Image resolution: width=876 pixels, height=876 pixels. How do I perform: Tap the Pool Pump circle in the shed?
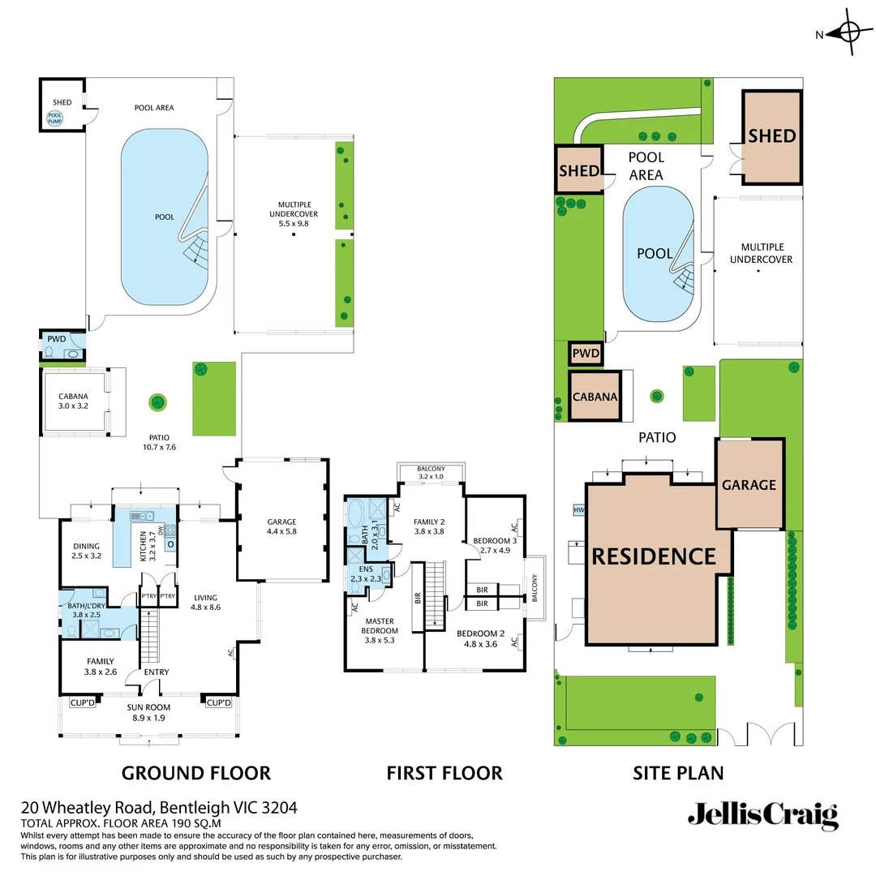click(55, 118)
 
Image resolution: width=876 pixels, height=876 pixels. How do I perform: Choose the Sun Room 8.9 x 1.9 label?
click(147, 712)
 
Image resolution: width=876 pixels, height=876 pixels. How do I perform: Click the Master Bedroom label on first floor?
click(380, 625)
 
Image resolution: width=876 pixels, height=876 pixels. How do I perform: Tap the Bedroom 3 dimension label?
click(496, 546)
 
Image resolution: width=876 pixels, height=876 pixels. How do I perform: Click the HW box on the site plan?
click(578, 510)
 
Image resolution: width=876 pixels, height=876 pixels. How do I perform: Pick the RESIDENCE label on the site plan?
click(654, 556)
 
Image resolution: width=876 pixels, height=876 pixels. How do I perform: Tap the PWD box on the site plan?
click(586, 354)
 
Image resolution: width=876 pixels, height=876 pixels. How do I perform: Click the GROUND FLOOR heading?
click(196, 773)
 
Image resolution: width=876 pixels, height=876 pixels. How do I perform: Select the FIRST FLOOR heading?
click(444, 773)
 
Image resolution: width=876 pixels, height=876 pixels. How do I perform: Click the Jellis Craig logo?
click(762, 815)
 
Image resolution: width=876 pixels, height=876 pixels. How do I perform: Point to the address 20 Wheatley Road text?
click(159, 808)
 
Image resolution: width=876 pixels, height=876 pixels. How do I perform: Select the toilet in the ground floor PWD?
click(50, 353)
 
